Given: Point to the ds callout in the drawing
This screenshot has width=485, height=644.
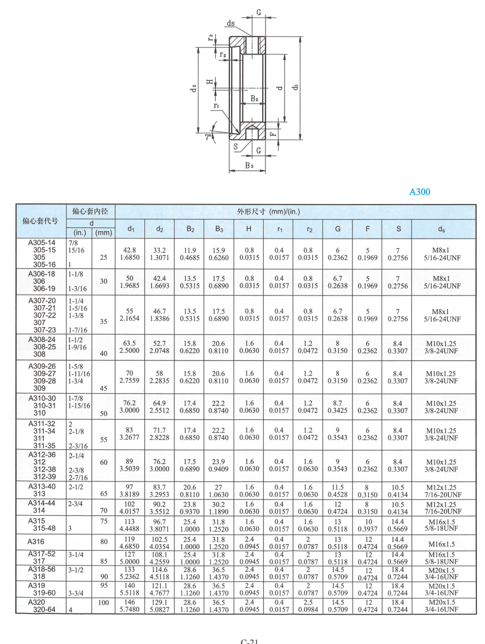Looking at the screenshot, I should coord(232,23).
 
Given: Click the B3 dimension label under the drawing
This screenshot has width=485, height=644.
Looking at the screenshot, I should coord(248,165).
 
